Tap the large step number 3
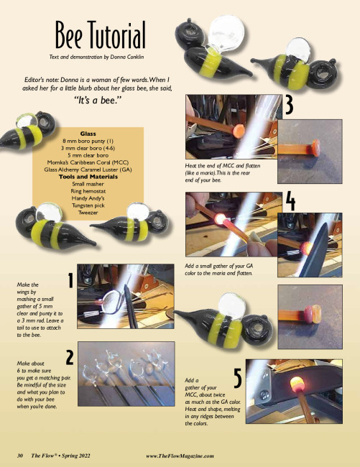[x=289, y=105]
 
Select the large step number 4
[x=290, y=201]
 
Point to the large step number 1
[x=70, y=280]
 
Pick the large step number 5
[x=238, y=378]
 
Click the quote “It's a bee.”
[x=98, y=100]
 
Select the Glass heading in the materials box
[x=88, y=134]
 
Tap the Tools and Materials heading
[x=88, y=177]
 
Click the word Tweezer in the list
[x=88, y=213]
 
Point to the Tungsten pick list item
[x=88, y=205]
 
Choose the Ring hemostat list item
[x=88, y=191]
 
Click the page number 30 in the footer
[x=20, y=456]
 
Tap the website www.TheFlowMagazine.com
[x=180, y=456]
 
